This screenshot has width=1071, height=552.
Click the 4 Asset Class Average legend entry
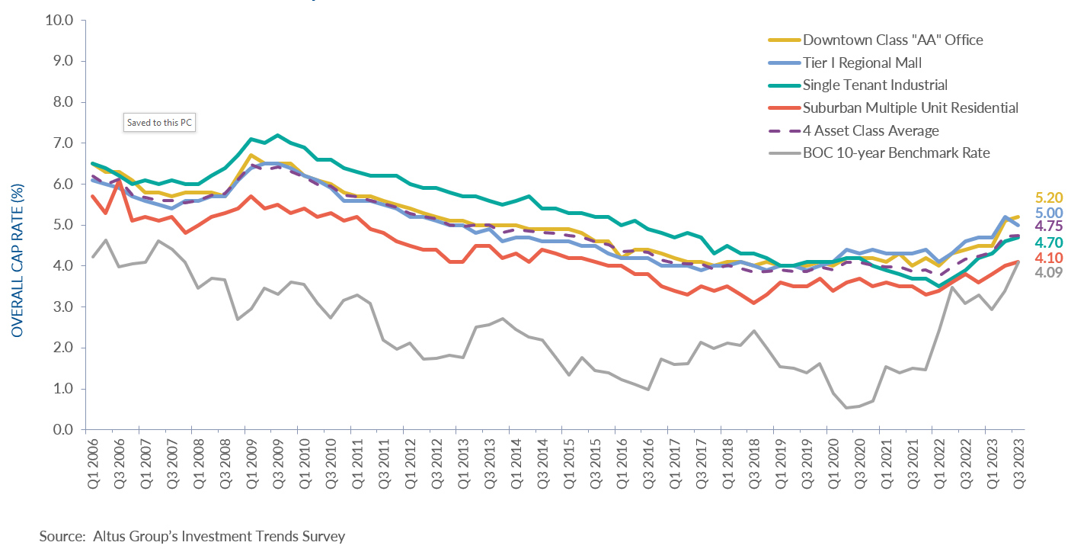(871, 130)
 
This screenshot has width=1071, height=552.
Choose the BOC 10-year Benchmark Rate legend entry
(896, 153)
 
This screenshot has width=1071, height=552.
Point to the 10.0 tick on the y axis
(59, 20)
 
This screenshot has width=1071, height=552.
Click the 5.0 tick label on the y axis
(62, 225)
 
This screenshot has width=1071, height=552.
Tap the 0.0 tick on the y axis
(62, 430)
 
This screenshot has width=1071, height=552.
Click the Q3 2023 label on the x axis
(1018, 466)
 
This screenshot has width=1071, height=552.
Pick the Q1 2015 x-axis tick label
(569, 466)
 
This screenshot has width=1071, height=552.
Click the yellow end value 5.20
(1047, 197)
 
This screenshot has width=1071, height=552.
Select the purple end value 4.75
(1047, 227)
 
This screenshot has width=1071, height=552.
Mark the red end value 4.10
(1047, 258)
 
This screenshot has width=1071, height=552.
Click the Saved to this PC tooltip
(160, 123)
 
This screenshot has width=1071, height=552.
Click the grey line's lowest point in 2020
(846, 408)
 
